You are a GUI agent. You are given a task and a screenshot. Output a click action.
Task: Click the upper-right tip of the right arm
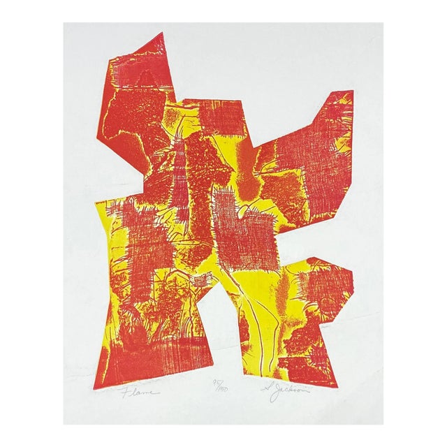click(351, 91)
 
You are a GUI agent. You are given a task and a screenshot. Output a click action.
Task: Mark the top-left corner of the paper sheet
click(64, 24)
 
